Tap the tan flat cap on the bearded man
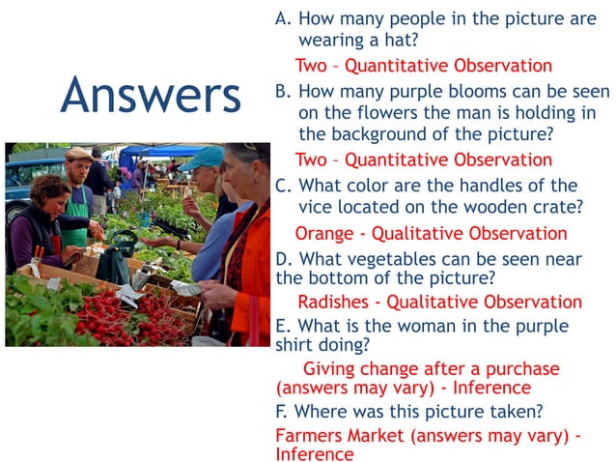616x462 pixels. (78, 154)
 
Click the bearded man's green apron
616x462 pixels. (76, 217)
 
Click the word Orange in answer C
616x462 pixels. (323, 233)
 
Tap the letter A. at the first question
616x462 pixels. (283, 18)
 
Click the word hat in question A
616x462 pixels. (402, 41)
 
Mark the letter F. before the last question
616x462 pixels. (283, 412)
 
